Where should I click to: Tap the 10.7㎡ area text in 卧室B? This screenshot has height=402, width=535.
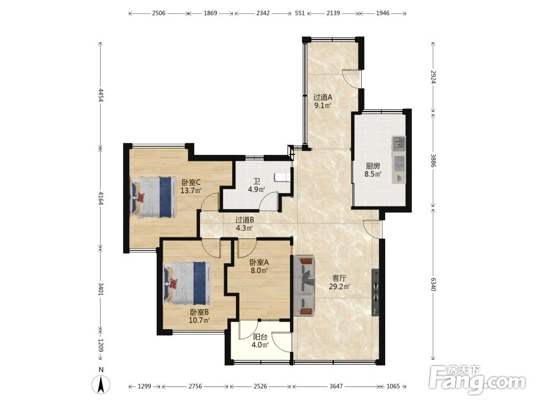[x=199, y=321]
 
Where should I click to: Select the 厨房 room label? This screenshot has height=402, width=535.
[x=372, y=166]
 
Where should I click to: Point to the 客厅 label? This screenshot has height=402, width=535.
[x=339, y=279]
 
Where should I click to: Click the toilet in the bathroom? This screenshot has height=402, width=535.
[x=283, y=177]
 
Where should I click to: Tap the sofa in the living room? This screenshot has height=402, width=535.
[x=304, y=286]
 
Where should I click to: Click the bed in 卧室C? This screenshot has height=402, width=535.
[x=153, y=197]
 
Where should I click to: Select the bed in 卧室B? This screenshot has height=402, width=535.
[x=186, y=283]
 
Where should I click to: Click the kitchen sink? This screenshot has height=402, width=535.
[x=399, y=143]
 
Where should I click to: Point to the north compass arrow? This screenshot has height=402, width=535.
[x=101, y=384]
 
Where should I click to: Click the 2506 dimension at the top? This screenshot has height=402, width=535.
[x=159, y=13]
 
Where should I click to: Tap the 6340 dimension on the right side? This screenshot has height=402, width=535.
[x=433, y=284]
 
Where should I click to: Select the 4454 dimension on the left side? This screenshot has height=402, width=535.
[x=101, y=95]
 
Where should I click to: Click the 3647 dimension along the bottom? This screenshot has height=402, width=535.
[x=336, y=386]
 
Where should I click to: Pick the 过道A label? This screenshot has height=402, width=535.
[x=323, y=98]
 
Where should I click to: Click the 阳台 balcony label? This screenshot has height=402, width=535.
[x=260, y=337]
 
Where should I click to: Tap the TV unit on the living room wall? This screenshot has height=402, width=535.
[x=376, y=293]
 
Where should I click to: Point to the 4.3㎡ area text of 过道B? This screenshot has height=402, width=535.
[x=244, y=228]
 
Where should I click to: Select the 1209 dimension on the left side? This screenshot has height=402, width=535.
[x=101, y=346]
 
